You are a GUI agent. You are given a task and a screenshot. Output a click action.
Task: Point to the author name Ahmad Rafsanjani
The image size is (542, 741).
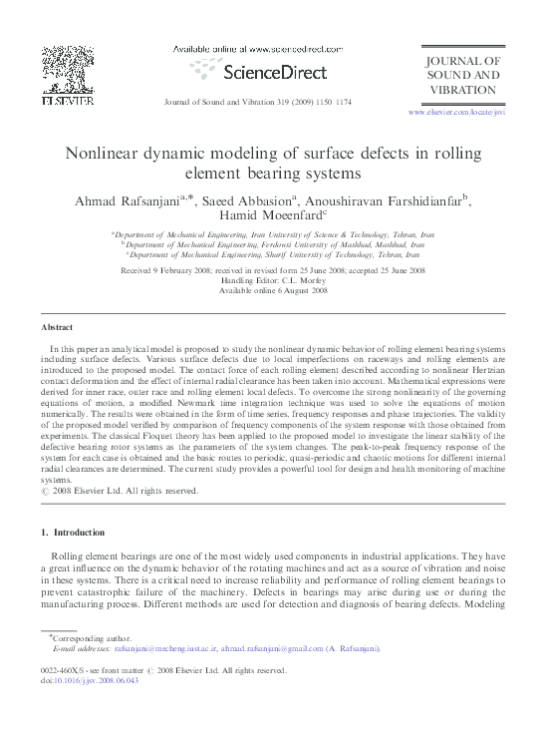[x=134, y=200]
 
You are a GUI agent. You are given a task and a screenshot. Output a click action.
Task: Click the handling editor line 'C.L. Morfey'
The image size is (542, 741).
[x=272, y=280]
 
